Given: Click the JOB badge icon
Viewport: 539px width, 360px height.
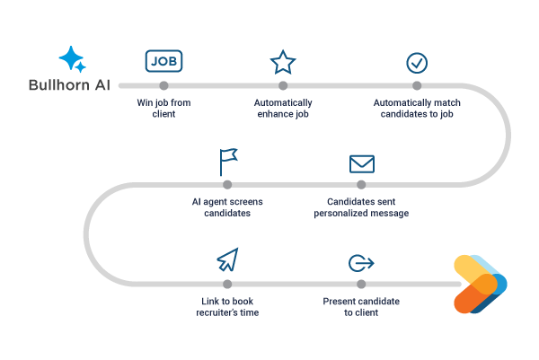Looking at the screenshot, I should tap(163, 61).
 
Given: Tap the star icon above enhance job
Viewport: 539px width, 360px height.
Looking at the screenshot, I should tap(283, 62).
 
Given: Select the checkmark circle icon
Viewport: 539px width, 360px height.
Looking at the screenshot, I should tap(417, 62).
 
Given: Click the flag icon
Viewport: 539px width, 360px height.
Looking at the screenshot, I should tap(227, 162).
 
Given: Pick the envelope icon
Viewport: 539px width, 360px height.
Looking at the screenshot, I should tap(361, 163).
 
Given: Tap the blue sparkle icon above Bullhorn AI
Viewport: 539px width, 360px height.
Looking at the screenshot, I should tap(72, 60).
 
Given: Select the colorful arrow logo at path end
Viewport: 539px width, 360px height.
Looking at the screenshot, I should tap(479, 284).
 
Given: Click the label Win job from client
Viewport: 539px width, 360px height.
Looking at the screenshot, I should tap(163, 108).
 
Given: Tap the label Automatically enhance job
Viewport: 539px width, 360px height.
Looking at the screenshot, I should tap(283, 108).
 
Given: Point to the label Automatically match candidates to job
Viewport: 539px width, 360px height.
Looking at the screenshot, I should tap(416, 108).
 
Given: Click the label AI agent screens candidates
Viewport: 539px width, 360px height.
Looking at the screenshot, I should tap(226, 208).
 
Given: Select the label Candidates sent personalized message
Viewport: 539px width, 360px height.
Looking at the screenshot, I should tap(361, 208).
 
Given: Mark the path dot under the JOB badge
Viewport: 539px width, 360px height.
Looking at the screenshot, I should tap(163, 86).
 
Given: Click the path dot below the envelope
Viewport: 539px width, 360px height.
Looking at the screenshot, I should tap(361, 185).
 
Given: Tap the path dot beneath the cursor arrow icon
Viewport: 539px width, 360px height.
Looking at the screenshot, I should tap(228, 284).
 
